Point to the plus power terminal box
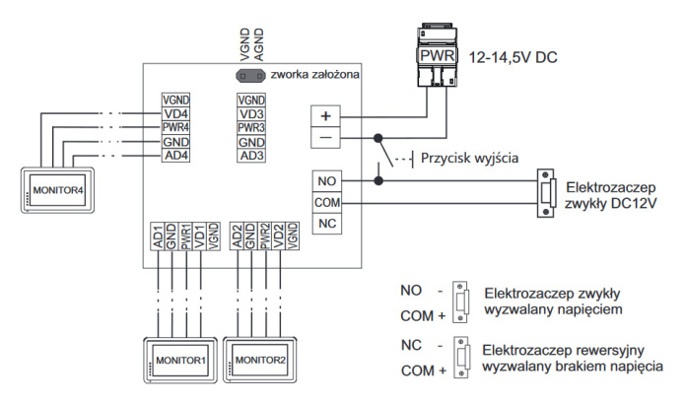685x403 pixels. (326, 114)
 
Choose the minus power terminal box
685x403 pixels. (326, 138)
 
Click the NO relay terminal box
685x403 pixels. (327, 180)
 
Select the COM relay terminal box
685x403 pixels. (327, 203)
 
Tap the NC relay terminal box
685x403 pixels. (327, 225)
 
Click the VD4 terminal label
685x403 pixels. (175, 113)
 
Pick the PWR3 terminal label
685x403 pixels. (251, 127)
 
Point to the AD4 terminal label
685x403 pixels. (175, 155)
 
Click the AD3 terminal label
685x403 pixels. (251, 155)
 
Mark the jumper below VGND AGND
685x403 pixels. (249, 75)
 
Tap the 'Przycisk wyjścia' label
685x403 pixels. (468, 158)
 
